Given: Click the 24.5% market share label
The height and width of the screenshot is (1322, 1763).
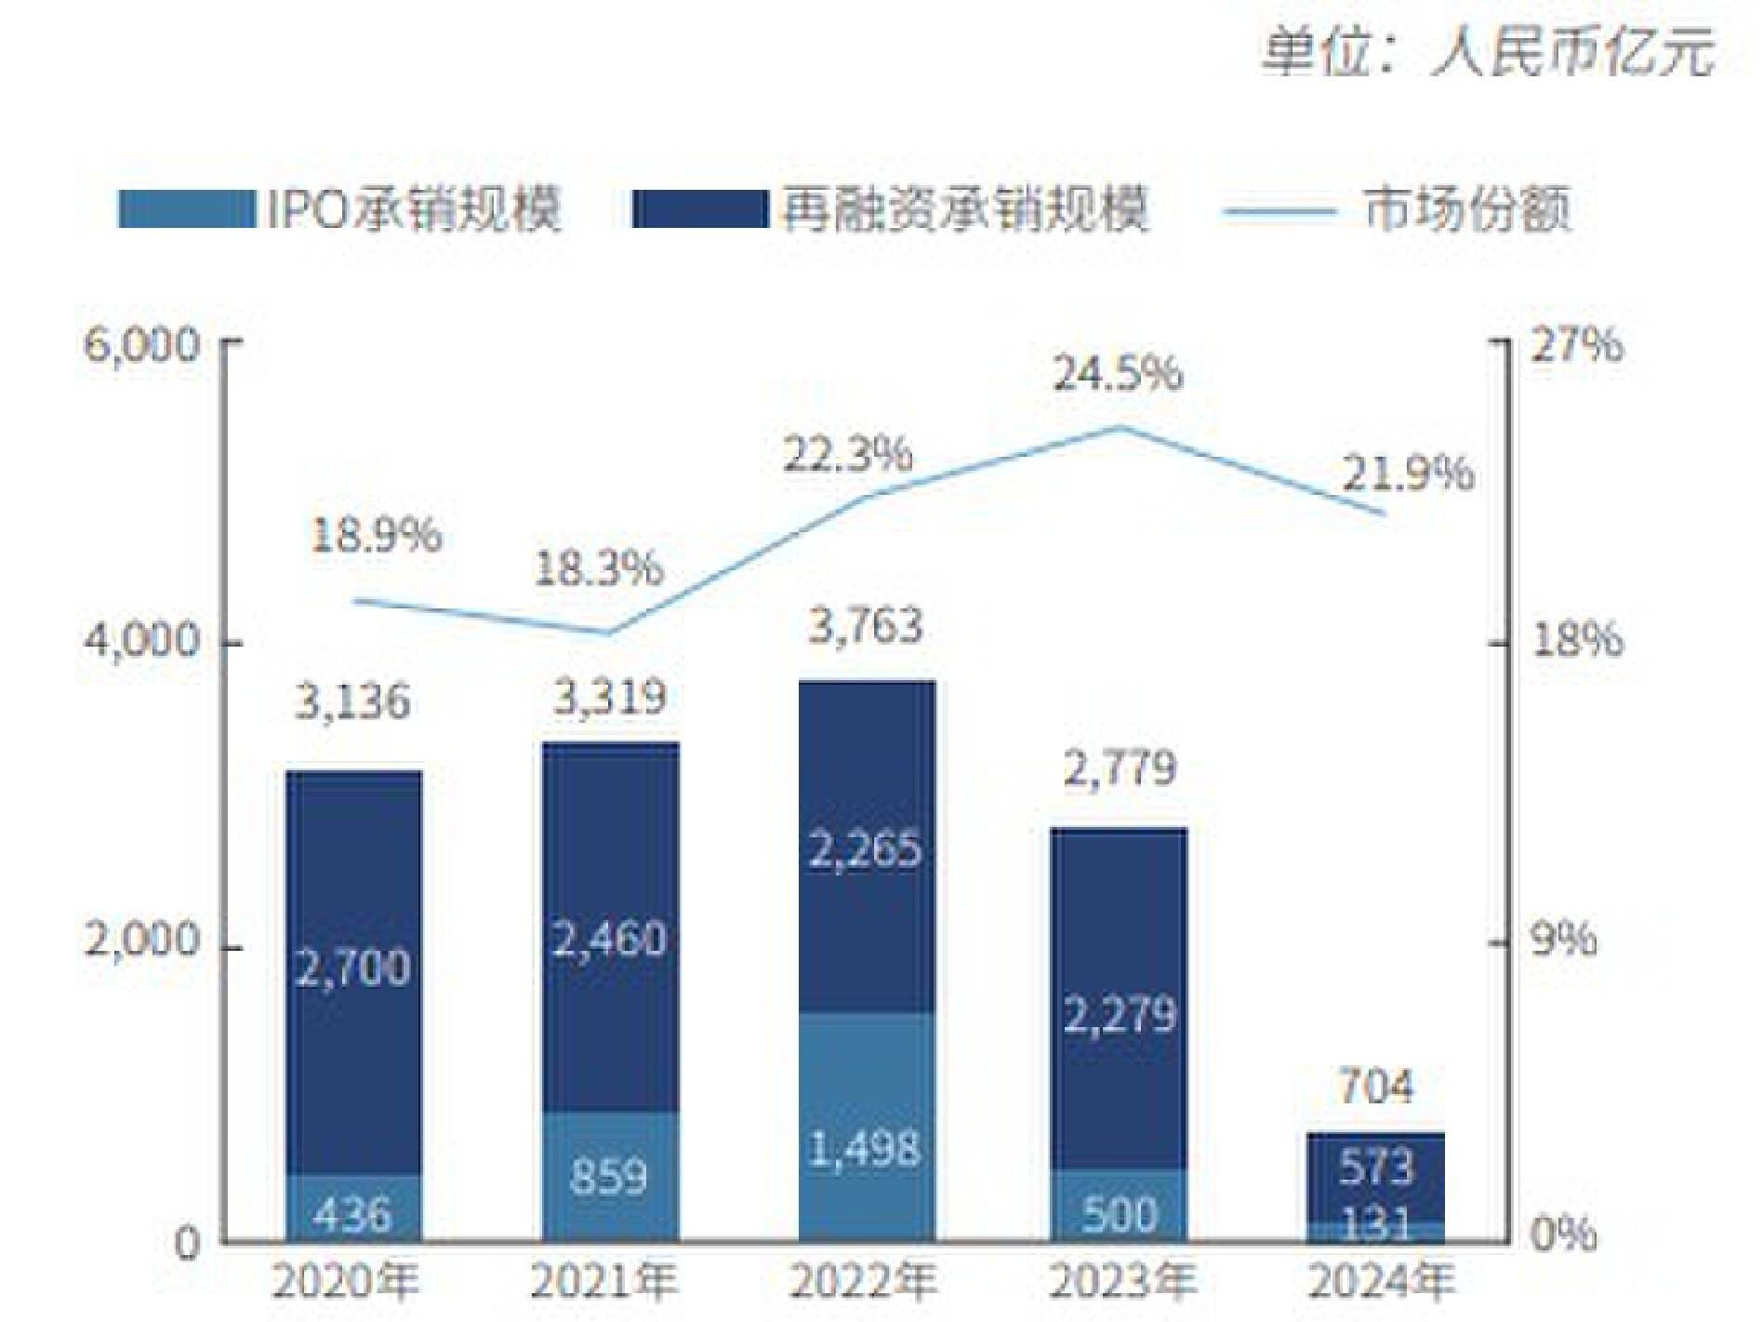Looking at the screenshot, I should (x=1118, y=373).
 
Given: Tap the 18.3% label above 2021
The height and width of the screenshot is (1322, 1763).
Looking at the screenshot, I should (x=599, y=568).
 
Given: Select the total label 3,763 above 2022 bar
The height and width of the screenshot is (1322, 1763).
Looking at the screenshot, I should (x=866, y=626).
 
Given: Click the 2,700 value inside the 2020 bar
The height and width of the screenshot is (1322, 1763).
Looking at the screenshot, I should (x=353, y=968).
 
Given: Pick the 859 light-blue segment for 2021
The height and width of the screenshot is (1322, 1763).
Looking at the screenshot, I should (x=609, y=1177).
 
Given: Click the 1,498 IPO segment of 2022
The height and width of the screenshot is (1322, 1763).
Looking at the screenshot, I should (x=866, y=1149).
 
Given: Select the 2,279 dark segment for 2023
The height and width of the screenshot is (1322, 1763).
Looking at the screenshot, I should (x=1120, y=1014).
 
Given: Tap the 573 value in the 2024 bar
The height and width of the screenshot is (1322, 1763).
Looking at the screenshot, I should (x=1376, y=1167).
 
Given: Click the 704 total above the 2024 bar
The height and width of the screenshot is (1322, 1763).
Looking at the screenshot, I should (x=1376, y=1086).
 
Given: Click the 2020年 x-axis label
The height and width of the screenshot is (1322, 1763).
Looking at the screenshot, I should (x=346, y=1282).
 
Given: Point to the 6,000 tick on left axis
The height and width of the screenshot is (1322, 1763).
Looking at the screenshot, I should (x=141, y=345).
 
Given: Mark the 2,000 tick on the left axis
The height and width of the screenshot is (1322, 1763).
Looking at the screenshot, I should (x=141, y=941).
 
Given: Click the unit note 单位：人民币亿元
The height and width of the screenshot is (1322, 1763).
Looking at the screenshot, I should (x=1488, y=51).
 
